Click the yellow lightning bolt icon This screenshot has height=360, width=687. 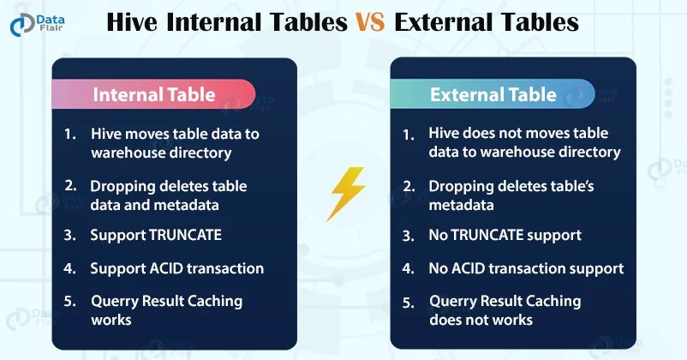[346, 193]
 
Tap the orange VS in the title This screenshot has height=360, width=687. [370, 22]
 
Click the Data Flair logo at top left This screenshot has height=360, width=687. [37, 25]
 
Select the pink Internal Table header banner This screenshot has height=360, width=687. [153, 93]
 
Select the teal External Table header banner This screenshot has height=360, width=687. [493, 93]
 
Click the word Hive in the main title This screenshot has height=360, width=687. [132, 22]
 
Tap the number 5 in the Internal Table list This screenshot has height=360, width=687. [69, 301]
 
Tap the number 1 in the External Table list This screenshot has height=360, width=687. [408, 135]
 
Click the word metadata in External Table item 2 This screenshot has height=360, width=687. [461, 205]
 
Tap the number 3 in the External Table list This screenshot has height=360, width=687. [408, 237]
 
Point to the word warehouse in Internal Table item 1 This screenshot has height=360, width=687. [128, 153]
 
